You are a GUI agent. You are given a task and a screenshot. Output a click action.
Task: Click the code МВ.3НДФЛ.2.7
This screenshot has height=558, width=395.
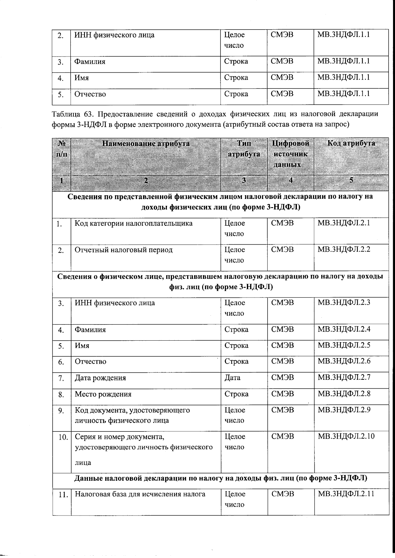click(344, 377)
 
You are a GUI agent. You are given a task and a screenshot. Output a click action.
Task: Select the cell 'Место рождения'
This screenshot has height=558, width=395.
click(103, 394)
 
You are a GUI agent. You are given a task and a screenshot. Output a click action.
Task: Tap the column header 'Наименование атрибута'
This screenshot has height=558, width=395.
click(146, 143)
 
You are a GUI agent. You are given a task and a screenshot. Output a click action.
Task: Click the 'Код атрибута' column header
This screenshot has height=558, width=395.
click(351, 143)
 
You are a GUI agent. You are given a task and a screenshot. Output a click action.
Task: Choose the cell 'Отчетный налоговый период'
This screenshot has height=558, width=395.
click(123, 250)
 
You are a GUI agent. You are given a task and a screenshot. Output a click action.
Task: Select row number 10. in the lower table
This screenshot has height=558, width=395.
click(62, 437)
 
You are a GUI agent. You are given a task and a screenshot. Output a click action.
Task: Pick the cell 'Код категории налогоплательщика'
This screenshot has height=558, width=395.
click(134, 223)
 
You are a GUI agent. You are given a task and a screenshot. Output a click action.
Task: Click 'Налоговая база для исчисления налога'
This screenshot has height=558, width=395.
click(140, 494)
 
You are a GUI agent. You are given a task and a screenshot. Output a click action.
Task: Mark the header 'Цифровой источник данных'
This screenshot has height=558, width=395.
click(290, 154)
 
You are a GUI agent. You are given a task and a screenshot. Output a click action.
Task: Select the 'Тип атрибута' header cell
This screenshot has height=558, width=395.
click(244, 149)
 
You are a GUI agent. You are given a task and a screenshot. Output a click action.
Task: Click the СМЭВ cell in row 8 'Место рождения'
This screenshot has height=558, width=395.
click(282, 394)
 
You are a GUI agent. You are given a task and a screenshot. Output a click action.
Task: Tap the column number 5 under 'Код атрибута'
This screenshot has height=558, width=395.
click(351, 180)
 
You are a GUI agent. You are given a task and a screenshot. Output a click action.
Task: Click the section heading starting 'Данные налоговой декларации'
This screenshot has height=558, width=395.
click(221, 478)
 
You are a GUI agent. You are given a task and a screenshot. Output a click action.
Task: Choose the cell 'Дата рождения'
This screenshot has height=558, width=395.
click(100, 378)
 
